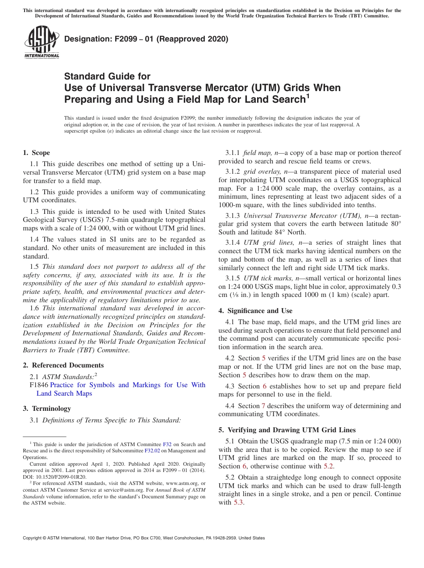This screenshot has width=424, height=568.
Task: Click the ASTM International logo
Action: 41,42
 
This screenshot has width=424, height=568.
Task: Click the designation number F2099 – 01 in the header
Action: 146,39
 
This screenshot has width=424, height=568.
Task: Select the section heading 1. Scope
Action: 37,153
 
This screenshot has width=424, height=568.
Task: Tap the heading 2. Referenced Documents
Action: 63,365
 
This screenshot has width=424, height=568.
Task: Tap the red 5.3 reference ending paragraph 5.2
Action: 238,502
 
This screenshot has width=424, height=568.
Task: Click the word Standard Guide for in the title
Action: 107,76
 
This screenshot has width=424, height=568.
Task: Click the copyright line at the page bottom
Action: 143,538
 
